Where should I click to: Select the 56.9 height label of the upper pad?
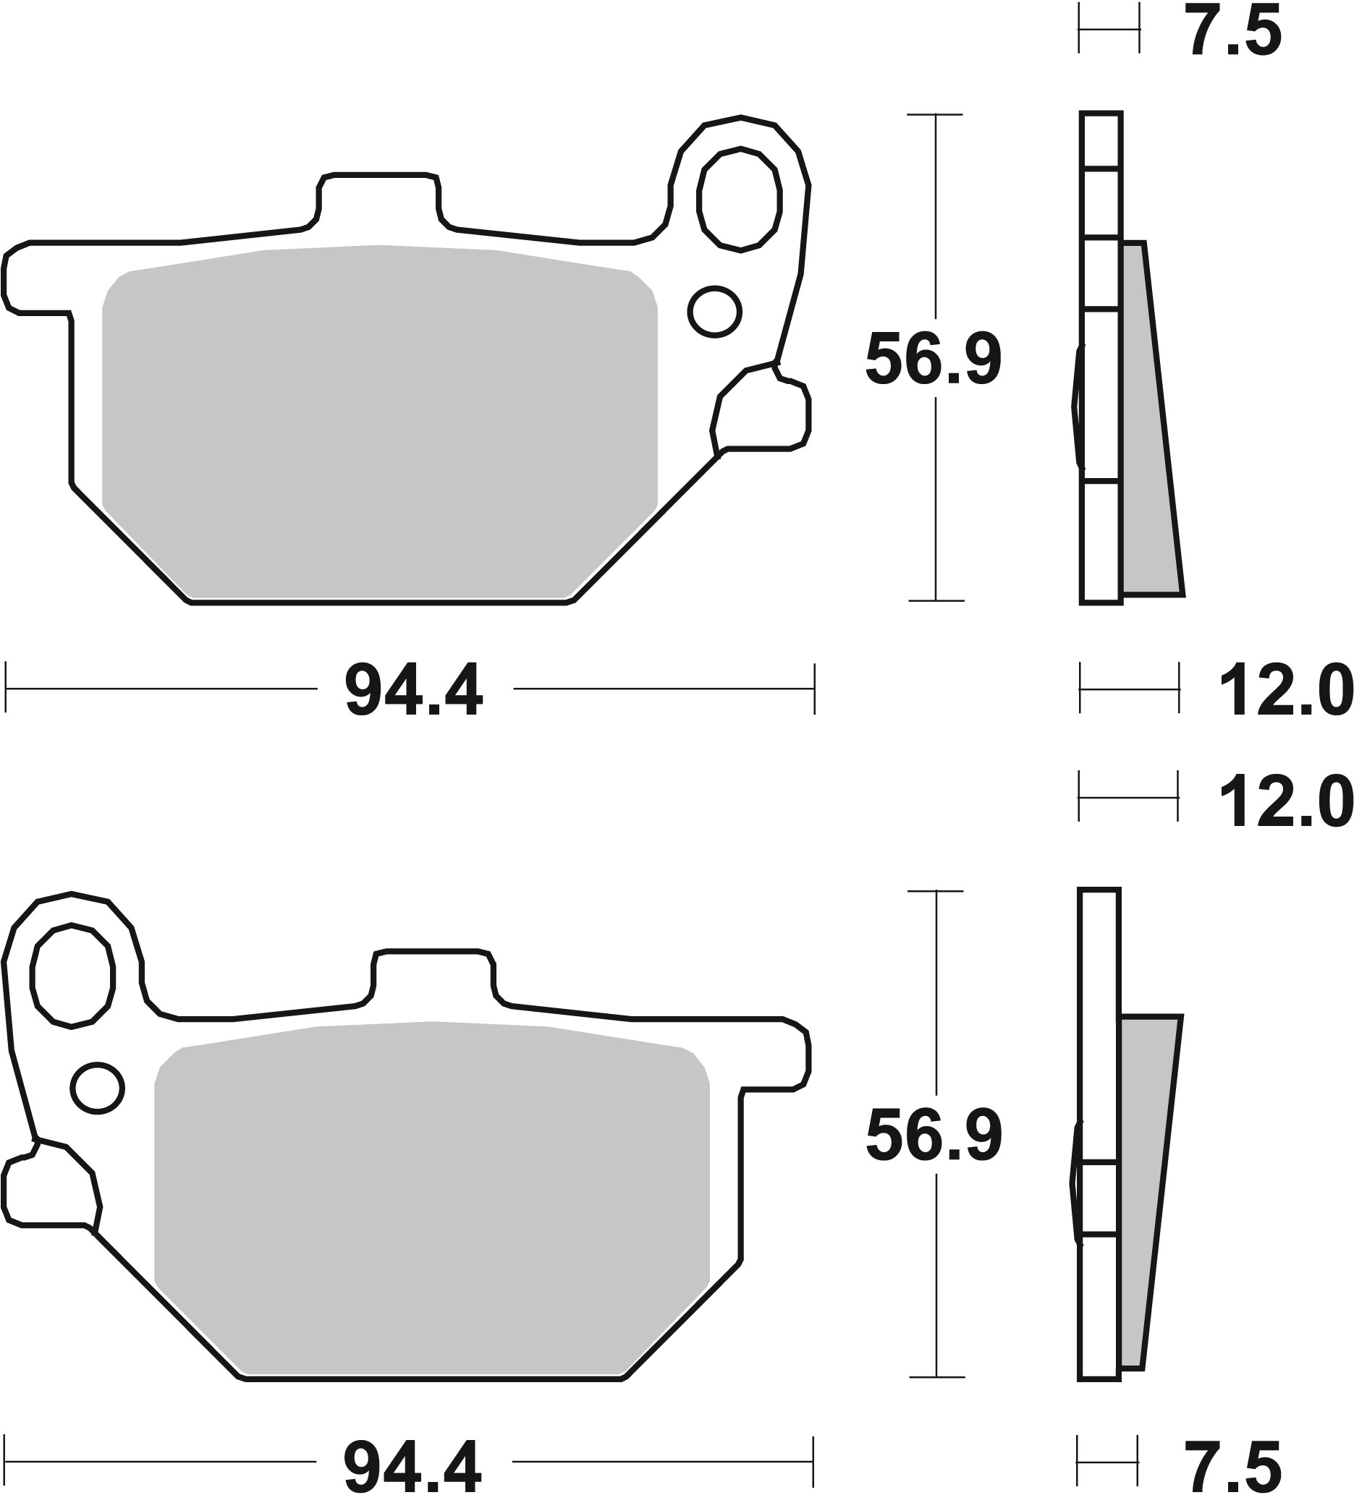click(934, 360)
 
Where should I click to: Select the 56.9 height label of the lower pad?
click(934, 1137)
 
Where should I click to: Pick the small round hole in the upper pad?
click(714, 312)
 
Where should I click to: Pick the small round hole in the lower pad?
click(97, 1088)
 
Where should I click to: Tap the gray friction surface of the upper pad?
click(378, 422)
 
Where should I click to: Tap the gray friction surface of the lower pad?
click(433, 1194)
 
